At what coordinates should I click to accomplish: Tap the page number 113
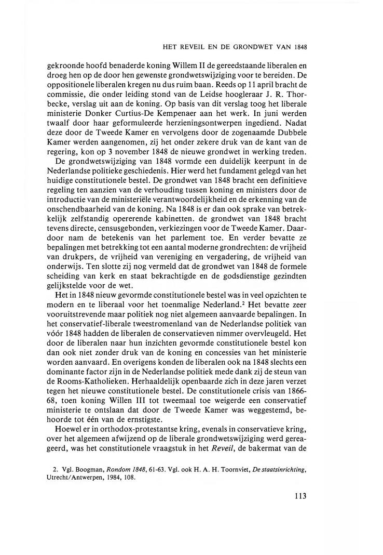coord(300,495)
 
